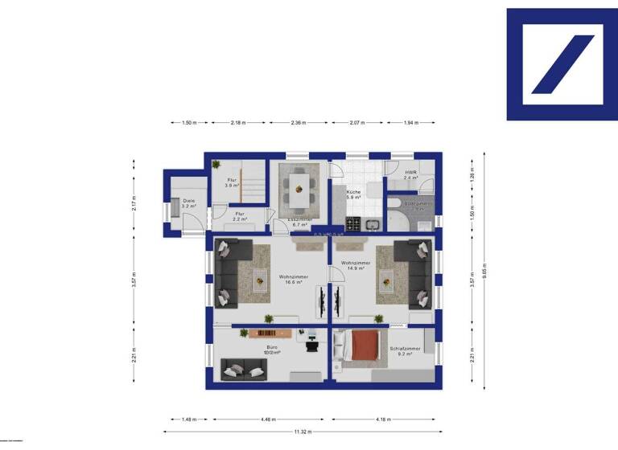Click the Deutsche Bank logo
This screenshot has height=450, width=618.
[x=562, y=64]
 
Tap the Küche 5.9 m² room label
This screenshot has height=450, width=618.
[x=353, y=194]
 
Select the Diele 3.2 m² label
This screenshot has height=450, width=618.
[x=188, y=203]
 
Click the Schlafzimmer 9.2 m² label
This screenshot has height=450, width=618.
[x=404, y=351]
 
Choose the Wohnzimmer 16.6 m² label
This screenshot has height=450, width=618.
[x=294, y=279]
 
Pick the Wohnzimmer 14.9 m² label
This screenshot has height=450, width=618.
[x=355, y=266]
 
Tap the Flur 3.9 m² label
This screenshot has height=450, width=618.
[x=231, y=182]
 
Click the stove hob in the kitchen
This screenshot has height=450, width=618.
[x=352, y=223]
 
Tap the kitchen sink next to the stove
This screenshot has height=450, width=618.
[x=372, y=223]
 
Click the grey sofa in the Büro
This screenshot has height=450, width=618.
[x=244, y=370]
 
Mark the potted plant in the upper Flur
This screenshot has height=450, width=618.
[x=216, y=165]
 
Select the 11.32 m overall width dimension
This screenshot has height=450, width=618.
[x=303, y=432]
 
